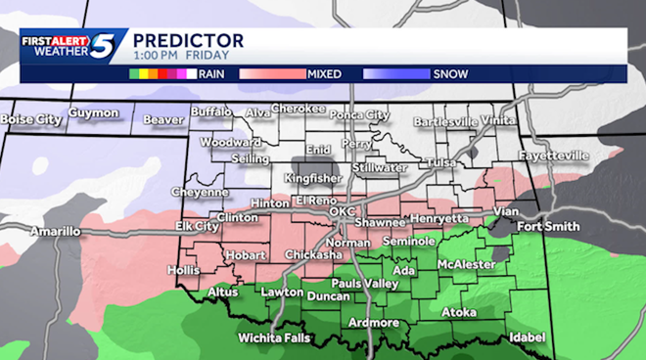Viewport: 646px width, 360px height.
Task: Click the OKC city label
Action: pyautogui.click(x=342, y=211)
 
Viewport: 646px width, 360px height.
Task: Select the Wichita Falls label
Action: pyautogui.click(x=274, y=338)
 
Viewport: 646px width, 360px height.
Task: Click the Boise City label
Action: pyautogui.click(x=32, y=119)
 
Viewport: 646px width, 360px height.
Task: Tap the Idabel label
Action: pyautogui.click(x=527, y=337)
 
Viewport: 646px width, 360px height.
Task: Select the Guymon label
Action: pyautogui.click(x=93, y=113)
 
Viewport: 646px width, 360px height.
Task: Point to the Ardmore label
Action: pyautogui.click(x=374, y=323)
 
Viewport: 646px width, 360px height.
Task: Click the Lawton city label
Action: pyautogui.click(x=281, y=292)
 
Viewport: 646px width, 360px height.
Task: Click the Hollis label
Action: pyautogui.click(x=183, y=269)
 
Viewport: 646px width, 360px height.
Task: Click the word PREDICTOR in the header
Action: pyautogui.click(x=188, y=40)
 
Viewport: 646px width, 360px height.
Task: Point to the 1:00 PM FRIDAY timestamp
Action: pyautogui.click(x=173, y=56)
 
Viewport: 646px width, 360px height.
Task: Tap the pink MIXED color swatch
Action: pyautogui.click(x=277, y=73)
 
